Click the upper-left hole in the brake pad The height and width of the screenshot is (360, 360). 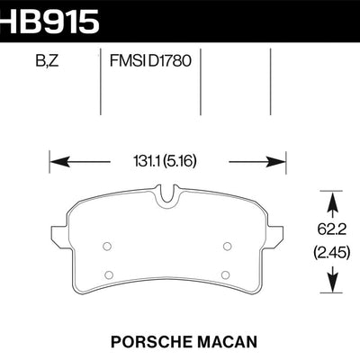coord(106,244)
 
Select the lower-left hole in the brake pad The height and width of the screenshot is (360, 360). coord(109,274)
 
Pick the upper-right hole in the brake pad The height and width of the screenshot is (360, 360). coord(226,244)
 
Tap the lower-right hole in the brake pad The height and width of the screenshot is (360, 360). coord(225,274)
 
